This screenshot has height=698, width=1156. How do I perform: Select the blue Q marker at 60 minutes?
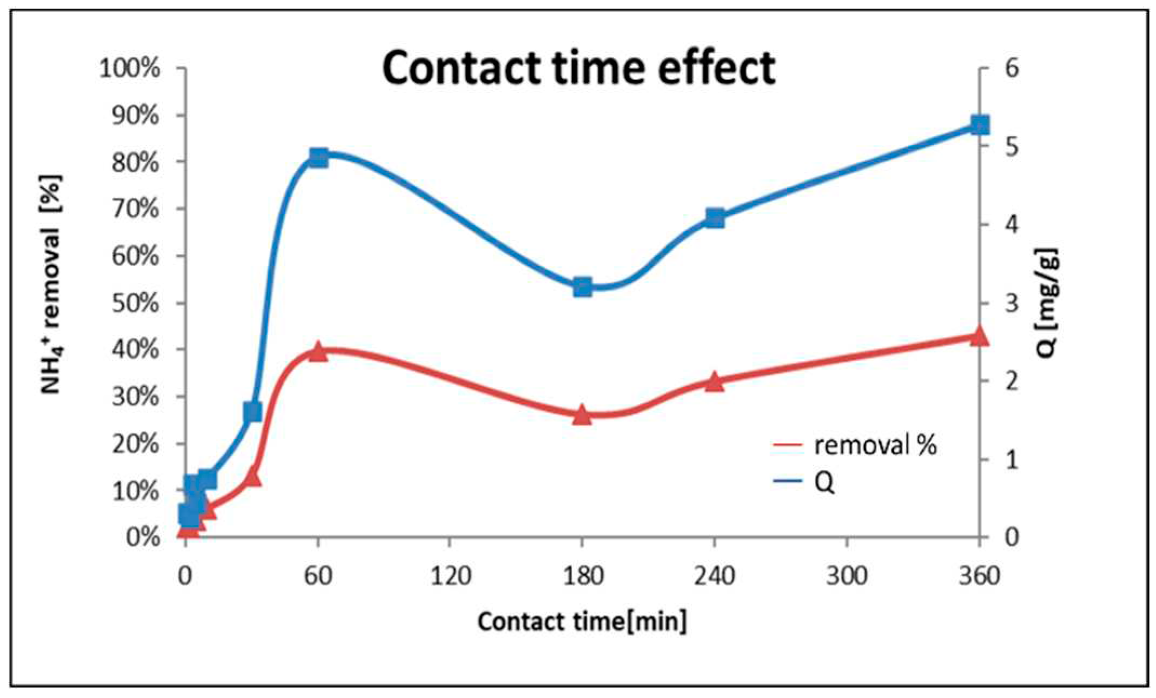[x=318, y=158]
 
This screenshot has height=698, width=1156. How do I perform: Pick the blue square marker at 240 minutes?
[x=715, y=218]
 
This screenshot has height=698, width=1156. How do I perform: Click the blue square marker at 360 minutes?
[x=979, y=124]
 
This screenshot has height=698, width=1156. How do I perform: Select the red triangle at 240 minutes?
[x=715, y=382]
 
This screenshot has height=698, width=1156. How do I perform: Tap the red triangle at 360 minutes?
[x=979, y=337]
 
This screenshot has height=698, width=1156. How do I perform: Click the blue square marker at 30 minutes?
[x=253, y=412]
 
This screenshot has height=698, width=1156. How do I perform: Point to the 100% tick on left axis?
[x=129, y=69]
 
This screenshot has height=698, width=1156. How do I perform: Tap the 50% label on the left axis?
[x=135, y=304]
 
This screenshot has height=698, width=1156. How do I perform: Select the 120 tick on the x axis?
[x=450, y=576]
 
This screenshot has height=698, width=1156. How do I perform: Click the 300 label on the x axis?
[x=847, y=576]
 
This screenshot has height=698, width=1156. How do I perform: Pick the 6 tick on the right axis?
[x=1012, y=69]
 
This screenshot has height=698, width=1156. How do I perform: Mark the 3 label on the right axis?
[x=1012, y=304]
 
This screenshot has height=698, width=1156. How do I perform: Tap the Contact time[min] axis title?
[x=582, y=621]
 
